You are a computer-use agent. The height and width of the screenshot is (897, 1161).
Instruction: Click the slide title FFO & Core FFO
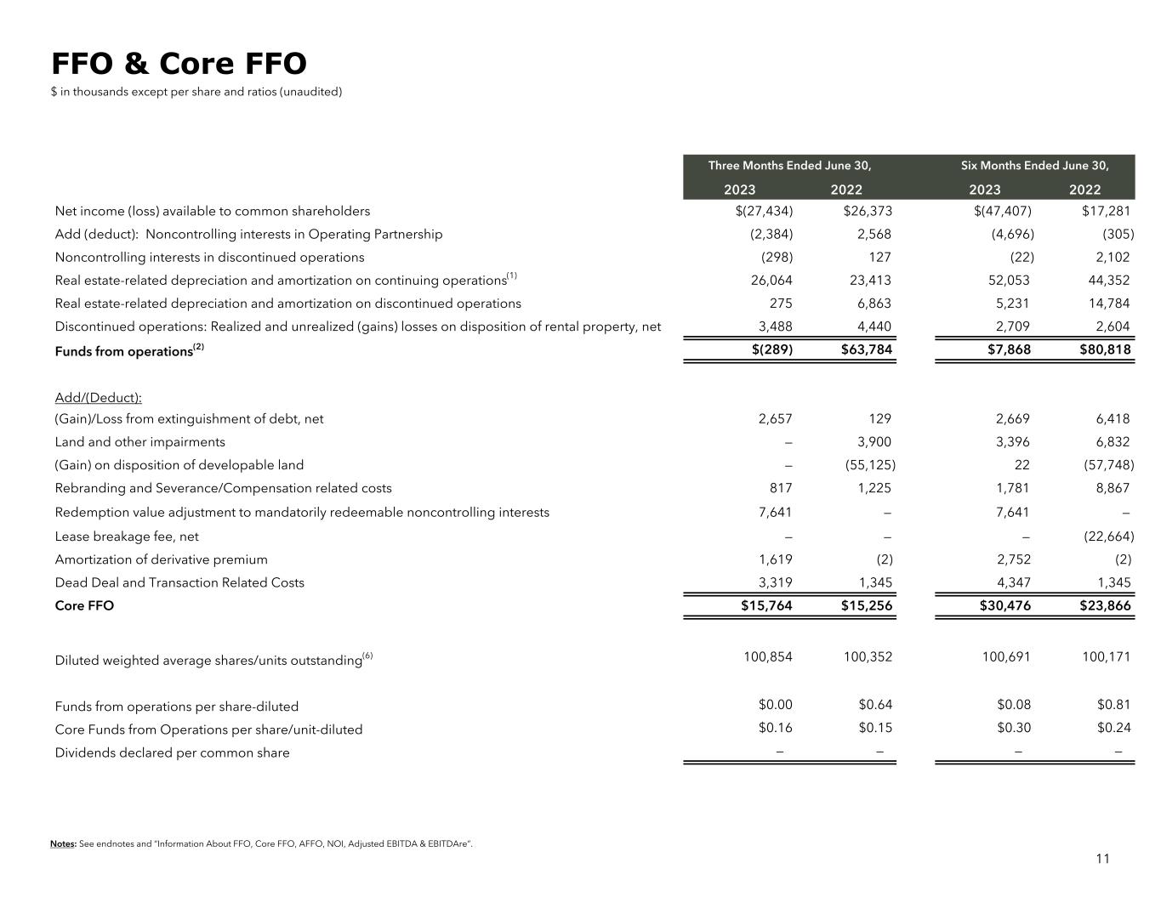click(x=179, y=64)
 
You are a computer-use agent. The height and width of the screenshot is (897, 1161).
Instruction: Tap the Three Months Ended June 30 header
click(x=789, y=165)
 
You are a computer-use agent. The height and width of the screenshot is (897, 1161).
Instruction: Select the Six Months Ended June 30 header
click(x=1035, y=165)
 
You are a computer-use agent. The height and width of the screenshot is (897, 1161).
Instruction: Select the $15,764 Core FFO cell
click(x=767, y=605)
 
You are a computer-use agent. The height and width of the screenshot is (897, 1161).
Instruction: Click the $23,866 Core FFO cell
click(x=1105, y=605)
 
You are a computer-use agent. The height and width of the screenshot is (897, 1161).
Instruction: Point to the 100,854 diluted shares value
click(x=768, y=656)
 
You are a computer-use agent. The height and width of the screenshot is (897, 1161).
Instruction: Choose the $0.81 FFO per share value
click(x=1114, y=704)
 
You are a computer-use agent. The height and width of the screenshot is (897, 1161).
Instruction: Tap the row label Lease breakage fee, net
click(x=127, y=536)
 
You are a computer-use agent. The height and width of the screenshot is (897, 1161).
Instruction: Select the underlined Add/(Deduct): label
click(x=98, y=397)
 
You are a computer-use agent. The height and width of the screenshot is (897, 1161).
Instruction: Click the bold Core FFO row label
click(x=84, y=605)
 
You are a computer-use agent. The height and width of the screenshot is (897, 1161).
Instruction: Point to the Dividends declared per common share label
click(x=172, y=752)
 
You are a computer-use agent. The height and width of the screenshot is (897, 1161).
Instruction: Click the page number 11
click(x=1102, y=858)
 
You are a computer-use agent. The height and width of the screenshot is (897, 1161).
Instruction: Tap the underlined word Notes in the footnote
click(x=62, y=843)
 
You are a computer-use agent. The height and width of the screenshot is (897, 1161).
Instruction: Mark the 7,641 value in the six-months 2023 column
click(x=1012, y=512)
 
